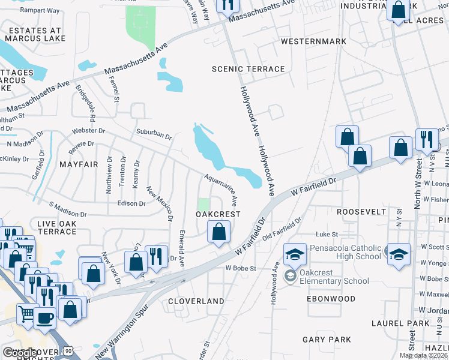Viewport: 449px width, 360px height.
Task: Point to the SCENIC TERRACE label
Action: [x=248, y=69]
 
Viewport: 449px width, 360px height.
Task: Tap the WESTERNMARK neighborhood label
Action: [x=313, y=41]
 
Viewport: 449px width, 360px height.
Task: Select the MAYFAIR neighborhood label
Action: [x=78, y=164]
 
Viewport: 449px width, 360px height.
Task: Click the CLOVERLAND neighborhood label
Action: [x=196, y=301]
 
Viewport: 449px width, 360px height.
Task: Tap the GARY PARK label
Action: [x=327, y=340]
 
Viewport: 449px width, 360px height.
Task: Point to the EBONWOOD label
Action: [x=331, y=298]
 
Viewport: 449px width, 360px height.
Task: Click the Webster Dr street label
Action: [x=88, y=130]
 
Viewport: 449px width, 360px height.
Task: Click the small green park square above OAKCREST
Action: [x=205, y=204]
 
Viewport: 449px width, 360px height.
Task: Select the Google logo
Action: [x=20, y=353]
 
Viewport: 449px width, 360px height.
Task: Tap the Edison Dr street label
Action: [x=131, y=203]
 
